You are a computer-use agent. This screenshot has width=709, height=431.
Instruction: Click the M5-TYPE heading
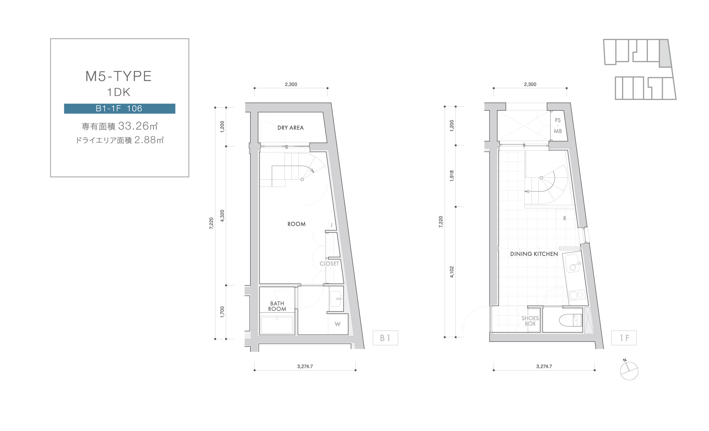[x=118, y=76]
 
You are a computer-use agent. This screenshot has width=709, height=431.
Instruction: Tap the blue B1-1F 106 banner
[x=119, y=108]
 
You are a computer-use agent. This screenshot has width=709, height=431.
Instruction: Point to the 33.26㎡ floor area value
[x=138, y=126]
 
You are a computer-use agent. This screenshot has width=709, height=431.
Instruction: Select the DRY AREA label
[x=290, y=128]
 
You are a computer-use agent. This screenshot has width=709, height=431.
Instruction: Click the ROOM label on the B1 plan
[x=296, y=224]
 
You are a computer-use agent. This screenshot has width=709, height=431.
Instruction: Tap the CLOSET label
[x=329, y=264]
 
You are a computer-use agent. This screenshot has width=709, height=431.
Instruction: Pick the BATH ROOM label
[x=277, y=306]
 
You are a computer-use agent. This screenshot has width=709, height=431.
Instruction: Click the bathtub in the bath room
[x=277, y=324]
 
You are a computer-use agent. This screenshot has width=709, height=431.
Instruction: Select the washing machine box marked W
[x=338, y=324]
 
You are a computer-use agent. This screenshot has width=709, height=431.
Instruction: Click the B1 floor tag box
[x=385, y=338]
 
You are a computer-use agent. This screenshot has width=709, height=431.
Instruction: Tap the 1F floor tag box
[x=624, y=338]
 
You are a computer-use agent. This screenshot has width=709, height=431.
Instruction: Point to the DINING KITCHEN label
[x=534, y=254]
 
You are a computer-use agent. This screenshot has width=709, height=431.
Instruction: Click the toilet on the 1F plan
[x=570, y=320]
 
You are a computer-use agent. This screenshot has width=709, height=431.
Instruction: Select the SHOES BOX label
[x=530, y=321]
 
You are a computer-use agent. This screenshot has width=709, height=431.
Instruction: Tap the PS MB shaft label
[x=558, y=126]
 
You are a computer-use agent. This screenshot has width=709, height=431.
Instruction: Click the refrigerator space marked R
[x=565, y=218]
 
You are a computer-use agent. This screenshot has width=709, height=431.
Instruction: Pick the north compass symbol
[x=629, y=370]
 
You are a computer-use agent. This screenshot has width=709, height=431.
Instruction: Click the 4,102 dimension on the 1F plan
[x=452, y=272]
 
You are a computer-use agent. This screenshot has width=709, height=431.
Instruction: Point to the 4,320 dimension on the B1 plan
[x=222, y=216]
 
